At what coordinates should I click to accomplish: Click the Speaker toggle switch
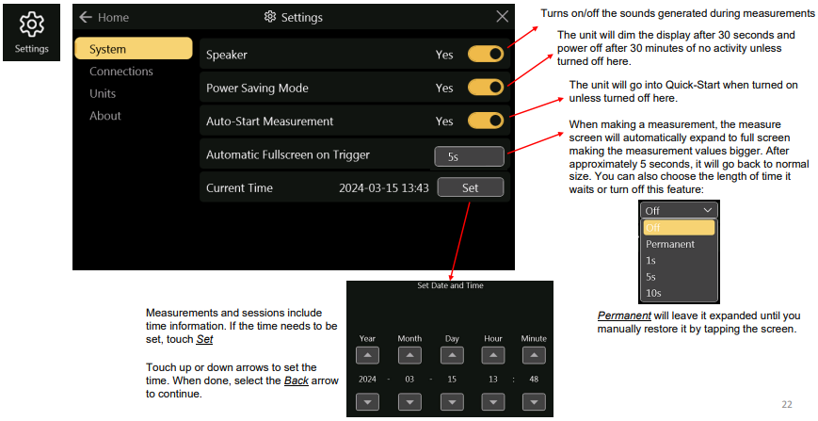(x=485, y=54)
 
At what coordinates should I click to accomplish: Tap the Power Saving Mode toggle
(x=485, y=88)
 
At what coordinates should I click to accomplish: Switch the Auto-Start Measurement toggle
(x=485, y=121)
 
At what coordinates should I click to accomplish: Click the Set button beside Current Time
(x=470, y=187)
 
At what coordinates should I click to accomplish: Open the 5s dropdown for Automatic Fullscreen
(x=469, y=156)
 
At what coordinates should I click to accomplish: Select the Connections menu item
(x=121, y=72)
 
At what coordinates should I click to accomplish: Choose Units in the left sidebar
(x=103, y=94)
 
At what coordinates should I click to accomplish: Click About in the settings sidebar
(x=104, y=116)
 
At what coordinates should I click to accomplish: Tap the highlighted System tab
(x=134, y=49)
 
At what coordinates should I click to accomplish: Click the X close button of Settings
(x=502, y=17)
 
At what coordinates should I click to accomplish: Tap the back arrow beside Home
(x=86, y=17)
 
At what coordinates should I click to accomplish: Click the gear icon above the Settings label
(x=31, y=24)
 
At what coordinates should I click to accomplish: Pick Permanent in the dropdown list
(x=670, y=244)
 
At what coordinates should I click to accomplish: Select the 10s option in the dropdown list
(x=653, y=293)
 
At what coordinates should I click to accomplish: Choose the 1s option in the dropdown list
(x=650, y=260)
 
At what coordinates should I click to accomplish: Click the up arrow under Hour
(x=493, y=356)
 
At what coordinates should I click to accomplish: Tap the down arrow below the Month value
(x=409, y=402)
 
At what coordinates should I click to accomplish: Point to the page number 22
(x=787, y=404)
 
